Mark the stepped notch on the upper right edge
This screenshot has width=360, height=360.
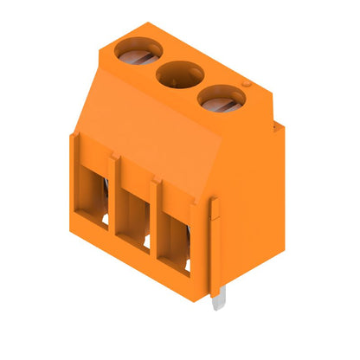tap(275, 130)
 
